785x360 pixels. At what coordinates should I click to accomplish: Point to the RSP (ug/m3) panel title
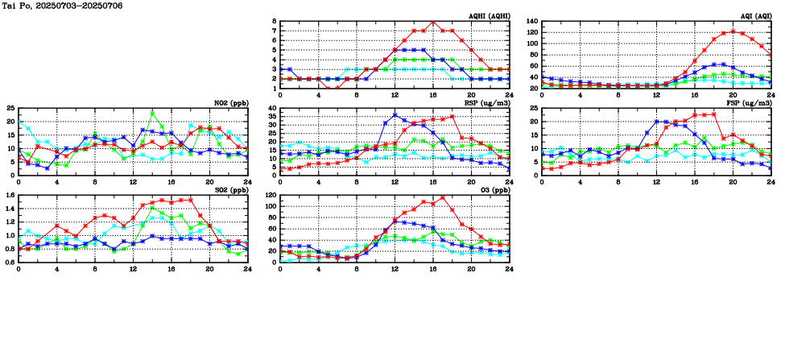(x=486, y=103)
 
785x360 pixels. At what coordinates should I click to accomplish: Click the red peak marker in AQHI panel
(x=433, y=22)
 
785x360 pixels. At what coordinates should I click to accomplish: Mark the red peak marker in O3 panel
(x=443, y=197)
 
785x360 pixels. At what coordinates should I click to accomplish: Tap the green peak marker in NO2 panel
(x=152, y=113)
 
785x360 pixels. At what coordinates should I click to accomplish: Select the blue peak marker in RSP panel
(x=395, y=114)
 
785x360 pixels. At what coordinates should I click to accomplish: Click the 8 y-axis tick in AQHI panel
(x=274, y=22)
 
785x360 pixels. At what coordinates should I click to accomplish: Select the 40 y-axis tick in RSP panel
(x=272, y=109)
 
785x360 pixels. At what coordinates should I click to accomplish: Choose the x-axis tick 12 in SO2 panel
(x=133, y=268)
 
